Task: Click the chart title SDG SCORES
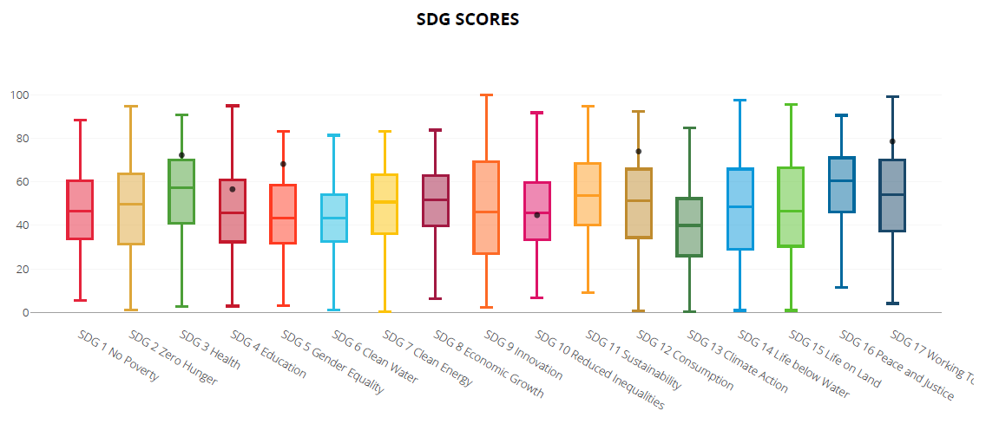point(467,19)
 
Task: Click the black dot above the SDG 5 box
point(283,164)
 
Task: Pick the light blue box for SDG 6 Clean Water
point(333,218)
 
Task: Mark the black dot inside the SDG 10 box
point(537,215)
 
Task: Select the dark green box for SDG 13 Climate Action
point(688,227)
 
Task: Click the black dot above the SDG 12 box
point(638,151)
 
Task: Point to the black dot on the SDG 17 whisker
point(892,141)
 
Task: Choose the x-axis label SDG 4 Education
point(269,354)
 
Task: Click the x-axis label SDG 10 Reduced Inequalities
point(599,369)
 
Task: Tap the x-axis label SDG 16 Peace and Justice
point(897,365)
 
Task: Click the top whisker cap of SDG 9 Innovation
point(486,95)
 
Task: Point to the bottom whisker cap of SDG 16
point(841,287)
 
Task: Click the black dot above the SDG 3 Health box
point(181,155)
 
